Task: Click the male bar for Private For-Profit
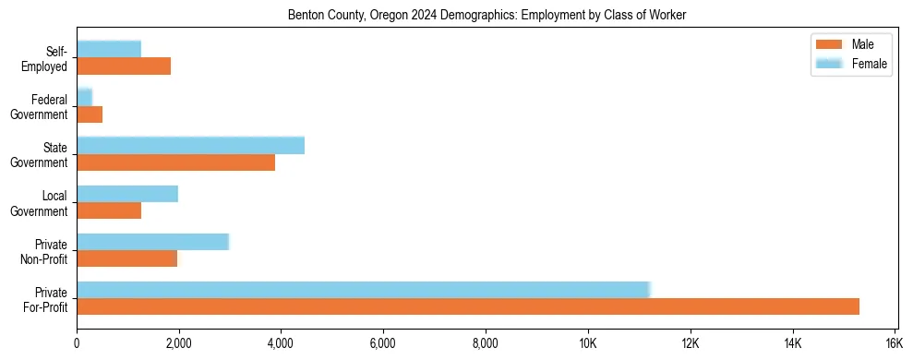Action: (x=468, y=306)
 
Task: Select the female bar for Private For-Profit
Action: (x=364, y=290)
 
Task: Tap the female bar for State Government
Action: (x=190, y=145)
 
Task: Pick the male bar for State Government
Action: (x=175, y=162)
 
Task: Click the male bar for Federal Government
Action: (x=90, y=114)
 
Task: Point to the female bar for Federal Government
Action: (x=84, y=97)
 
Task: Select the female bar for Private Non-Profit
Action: (x=152, y=242)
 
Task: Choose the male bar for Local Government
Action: (x=109, y=210)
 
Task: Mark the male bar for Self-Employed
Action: (x=124, y=66)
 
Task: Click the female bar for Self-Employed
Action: (x=109, y=49)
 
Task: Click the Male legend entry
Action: (x=849, y=44)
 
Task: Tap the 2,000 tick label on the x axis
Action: (x=178, y=344)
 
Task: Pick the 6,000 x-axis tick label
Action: (x=382, y=344)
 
